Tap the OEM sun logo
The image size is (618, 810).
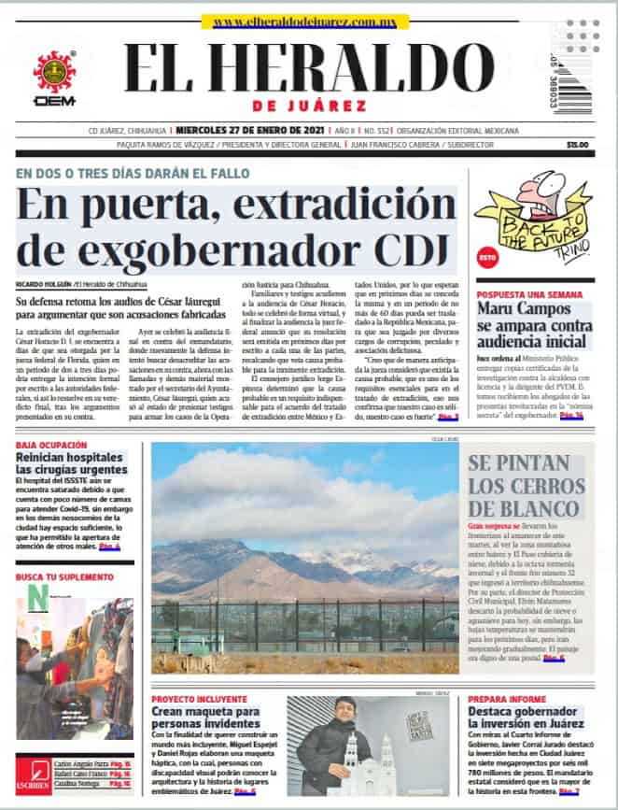point(54,73)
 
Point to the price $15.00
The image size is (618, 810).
point(577,145)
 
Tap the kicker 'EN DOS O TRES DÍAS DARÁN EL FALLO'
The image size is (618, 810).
point(132,174)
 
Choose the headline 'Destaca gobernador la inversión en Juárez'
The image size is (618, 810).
point(526,718)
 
